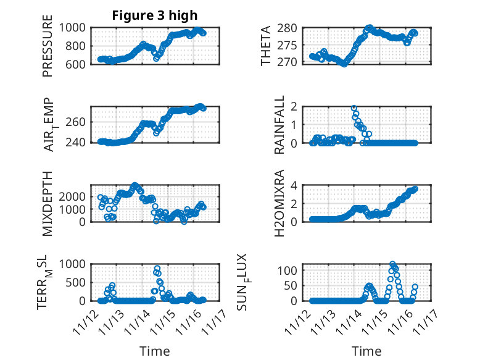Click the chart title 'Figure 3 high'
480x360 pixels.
[155, 15]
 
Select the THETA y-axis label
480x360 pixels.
[266, 46]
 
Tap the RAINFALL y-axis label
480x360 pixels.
[280, 125]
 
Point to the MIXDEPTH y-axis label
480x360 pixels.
[48, 203]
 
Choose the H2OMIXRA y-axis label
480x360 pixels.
[280, 203]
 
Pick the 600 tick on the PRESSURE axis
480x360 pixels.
[78, 64]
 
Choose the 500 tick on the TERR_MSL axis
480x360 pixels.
[78, 282]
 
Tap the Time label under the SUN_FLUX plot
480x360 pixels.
[366, 351]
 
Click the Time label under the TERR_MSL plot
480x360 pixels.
[155, 351]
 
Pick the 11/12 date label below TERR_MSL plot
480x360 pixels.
[85, 320]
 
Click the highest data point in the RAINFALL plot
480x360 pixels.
[354, 108]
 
